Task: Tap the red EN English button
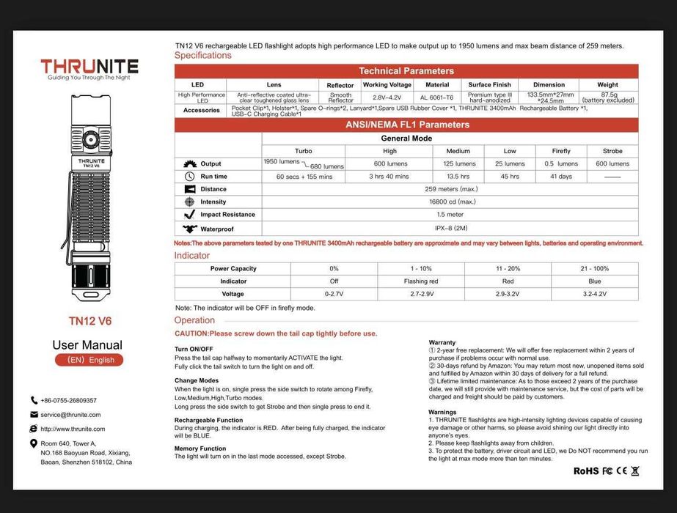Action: tap(89, 360)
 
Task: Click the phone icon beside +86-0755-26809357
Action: tap(34, 400)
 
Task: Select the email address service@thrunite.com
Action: tap(70, 415)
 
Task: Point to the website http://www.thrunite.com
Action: tap(73, 429)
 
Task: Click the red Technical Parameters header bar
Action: tap(406, 71)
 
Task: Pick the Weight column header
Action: tap(607, 85)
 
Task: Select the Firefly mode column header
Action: tap(561, 151)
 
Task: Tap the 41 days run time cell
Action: tap(561, 177)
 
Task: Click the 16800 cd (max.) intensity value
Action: tap(450, 202)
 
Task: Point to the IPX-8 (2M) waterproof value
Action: tap(450, 228)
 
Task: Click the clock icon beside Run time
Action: tap(189, 177)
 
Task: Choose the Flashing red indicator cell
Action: tap(421, 281)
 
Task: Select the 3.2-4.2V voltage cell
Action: tap(594, 294)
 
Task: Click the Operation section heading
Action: tap(194, 320)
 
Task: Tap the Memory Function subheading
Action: tap(200, 449)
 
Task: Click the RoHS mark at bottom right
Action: tap(585, 471)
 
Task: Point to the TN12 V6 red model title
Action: tap(89, 321)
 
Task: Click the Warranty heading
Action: tap(442, 342)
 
